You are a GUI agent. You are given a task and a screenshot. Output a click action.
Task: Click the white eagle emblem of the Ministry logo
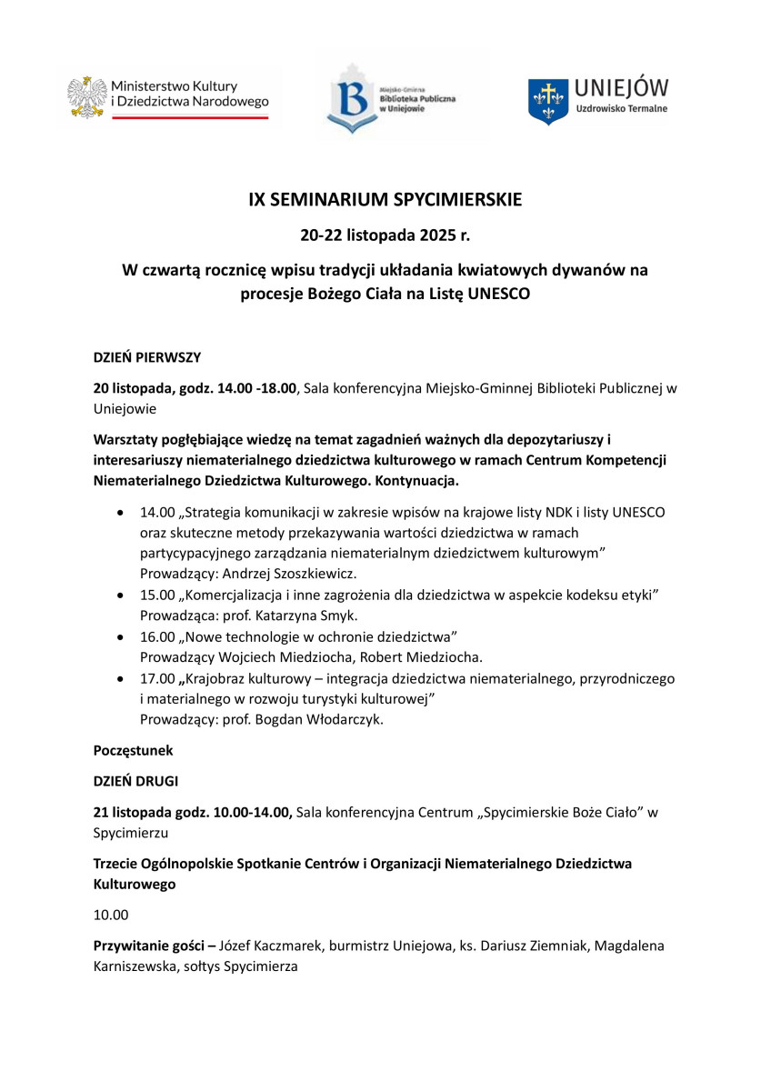pyautogui.click(x=87, y=97)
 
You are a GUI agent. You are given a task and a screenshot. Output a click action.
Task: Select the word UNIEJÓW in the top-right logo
pyautogui.click(x=622, y=87)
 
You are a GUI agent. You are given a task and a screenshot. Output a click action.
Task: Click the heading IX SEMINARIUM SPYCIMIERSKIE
pyautogui.click(x=385, y=200)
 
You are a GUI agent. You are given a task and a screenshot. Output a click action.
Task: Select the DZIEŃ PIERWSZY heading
pyautogui.click(x=147, y=357)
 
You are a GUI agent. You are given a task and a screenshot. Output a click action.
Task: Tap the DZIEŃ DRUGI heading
pyautogui.click(x=135, y=780)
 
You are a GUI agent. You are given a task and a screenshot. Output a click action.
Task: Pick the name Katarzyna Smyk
pyautogui.click(x=290, y=616)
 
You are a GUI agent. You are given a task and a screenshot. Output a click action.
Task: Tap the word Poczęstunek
pyautogui.click(x=133, y=751)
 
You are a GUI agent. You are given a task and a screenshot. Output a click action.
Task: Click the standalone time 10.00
pyautogui.click(x=111, y=915)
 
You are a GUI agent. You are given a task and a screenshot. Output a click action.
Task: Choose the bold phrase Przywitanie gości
pyautogui.click(x=149, y=946)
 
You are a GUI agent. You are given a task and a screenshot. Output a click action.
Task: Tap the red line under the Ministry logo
pyautogui.click(x=167, y=117)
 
